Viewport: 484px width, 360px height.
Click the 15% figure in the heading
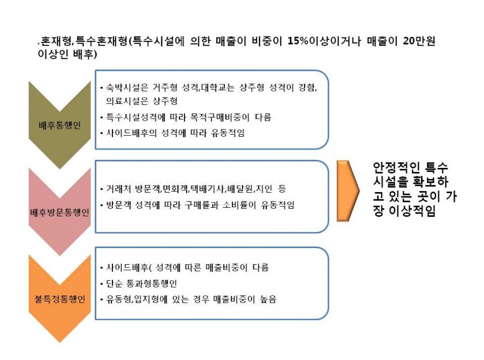point(298,41)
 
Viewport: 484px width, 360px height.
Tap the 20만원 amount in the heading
point(419,41)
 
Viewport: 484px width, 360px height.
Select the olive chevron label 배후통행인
point(60,125)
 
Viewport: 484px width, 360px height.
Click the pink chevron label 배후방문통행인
point(60,213)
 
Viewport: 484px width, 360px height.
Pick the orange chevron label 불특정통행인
point(60,299)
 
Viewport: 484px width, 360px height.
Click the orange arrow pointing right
point(348,191)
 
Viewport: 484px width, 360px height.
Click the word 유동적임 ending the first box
point(228,133)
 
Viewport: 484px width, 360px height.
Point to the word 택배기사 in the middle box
point(207,189)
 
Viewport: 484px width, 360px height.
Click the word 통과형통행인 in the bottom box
point(152,283)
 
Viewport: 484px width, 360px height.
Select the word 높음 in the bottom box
point(268,299)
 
